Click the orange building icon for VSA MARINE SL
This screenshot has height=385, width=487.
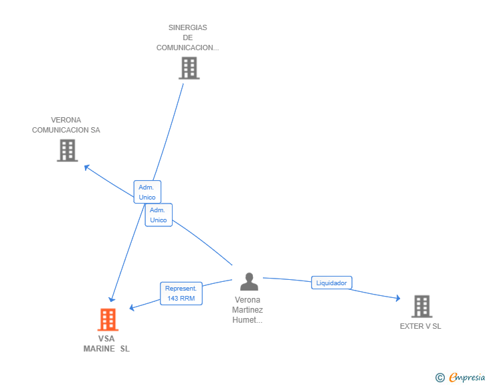pyautogui.click(x=108, y=319)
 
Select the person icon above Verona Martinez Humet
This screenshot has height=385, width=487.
pyautogui.click(x=249, y=281)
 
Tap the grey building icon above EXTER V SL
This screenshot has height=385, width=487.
pyautogui.click(x=421, y=306)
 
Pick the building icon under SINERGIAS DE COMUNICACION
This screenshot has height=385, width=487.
pyautogui.click(x=189, y=68)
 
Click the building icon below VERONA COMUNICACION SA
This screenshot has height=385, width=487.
pyautogui.click(x=68, y=151)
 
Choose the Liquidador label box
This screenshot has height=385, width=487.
pyautogui.click(x=331, y=283)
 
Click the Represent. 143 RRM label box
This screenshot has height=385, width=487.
pyautogui.click(x=181, y=293)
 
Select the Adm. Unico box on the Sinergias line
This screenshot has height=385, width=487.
pyautogui.click(x=147, y=192)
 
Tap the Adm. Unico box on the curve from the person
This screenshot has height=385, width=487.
pyautogui.click(x=159, y=215)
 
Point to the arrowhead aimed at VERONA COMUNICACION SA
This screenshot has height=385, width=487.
pyautogui.click(x=87, y=167)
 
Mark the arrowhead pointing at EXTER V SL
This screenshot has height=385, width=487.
pyautogui.click(x=398, y=298)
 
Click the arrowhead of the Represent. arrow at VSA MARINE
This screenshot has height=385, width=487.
pyautogui.click(x=132, y=307)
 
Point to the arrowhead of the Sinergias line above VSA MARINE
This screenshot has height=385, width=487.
pyautogui.click(x=112, y=299)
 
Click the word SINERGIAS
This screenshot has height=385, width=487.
pyautogui.click(x=187, y=27)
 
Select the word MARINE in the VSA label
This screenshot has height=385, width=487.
pyautogui.click(x=99, y=349)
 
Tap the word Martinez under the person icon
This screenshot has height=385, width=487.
pyautogui.click(x=248, y=310)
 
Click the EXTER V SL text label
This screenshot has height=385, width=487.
pyautogui.click(x=421, y=326)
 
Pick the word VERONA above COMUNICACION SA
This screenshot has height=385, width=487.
pyautogui.click(x=66, y=120)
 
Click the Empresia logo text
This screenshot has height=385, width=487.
pyautogui.click(x=467, y=377)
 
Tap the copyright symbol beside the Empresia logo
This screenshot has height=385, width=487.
pyautogui.click(x=440, y=378)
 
